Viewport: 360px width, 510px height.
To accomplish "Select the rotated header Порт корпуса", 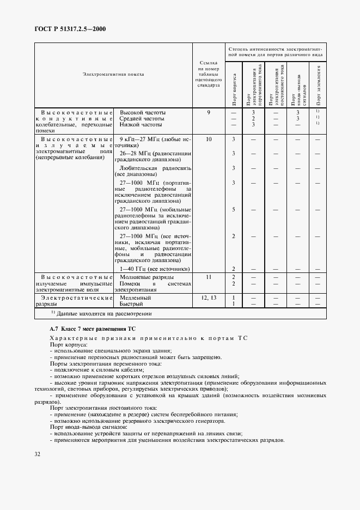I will pos(234,89).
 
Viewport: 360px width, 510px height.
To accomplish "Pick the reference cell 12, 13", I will pos(208,297).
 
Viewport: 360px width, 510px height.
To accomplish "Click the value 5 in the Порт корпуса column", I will pos(233,209).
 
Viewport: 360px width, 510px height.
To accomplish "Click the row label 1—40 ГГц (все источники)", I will pos(155,269).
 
